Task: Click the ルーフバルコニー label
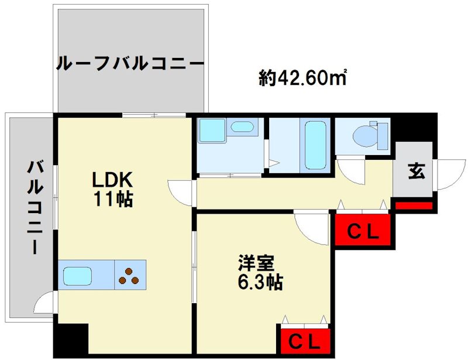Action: tap(130, 63)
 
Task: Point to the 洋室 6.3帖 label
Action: tap(261, 272)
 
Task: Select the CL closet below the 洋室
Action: tap(305, 340)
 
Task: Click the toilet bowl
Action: tap(369, 135)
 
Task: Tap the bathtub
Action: tap(314, 145)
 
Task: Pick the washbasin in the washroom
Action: tap(240, 127)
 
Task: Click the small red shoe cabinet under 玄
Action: tap(414, 205)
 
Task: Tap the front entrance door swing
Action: tap(448, 174)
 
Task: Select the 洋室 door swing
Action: tap(314, 229)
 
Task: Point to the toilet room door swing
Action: tap(351, 170)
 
